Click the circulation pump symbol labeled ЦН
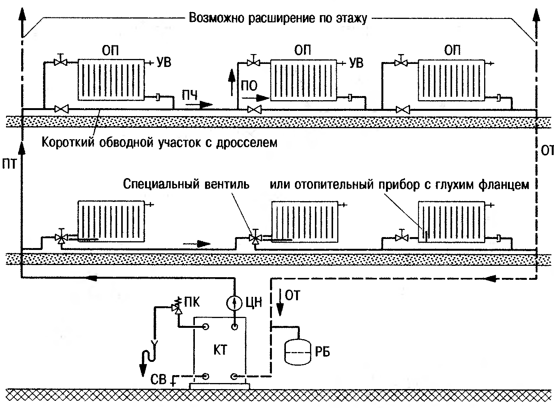235,303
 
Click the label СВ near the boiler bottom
158,379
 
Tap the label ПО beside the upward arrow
249,86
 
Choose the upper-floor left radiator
111,80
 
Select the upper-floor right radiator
451,80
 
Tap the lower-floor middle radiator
305,221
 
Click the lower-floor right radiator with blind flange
451,221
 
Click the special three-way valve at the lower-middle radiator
256,239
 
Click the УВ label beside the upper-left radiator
164,62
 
